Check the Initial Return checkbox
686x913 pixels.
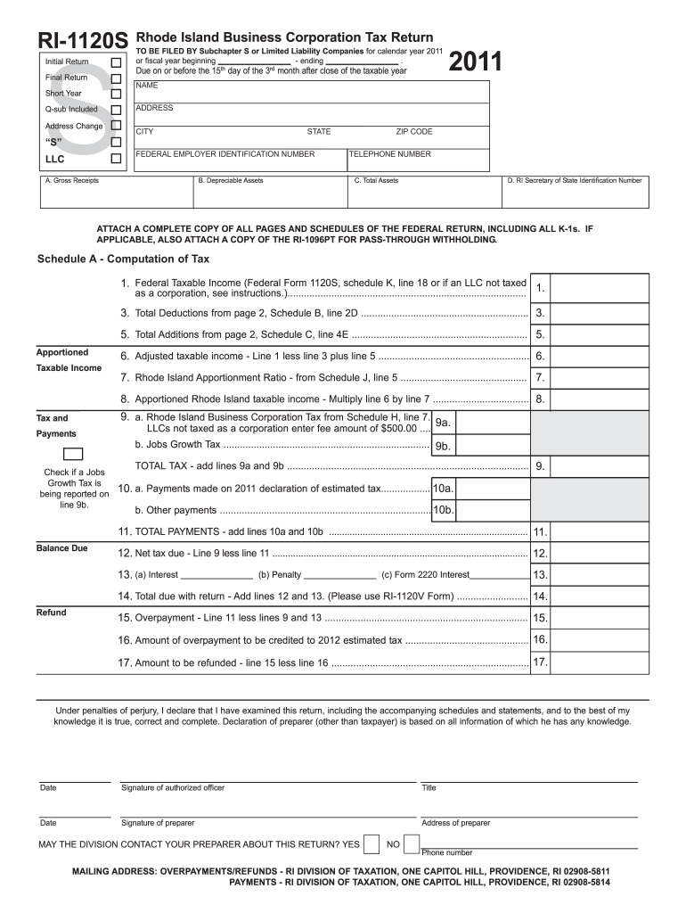pos(115,62)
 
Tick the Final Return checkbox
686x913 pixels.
pos(115,78)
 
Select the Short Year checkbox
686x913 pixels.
pos(115,94)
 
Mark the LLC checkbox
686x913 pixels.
pos(115,159)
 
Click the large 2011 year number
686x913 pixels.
pos(477,62)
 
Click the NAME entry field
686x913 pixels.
pos(311,92)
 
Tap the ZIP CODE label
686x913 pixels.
pos(414,132)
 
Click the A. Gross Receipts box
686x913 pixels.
pos(115,192)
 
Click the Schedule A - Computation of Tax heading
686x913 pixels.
pos(123,259)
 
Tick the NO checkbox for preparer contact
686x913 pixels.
pos(411,843)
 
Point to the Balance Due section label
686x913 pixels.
pos(61,547)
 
